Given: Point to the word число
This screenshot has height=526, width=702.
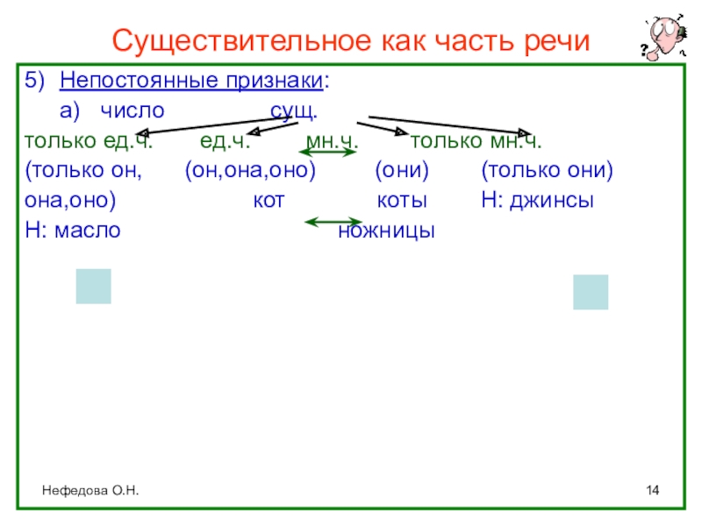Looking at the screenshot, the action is pyautogui.click(x=131, y=112).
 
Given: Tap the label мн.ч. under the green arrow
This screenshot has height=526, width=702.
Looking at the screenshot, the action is pyautogui.click(x=332, y=141).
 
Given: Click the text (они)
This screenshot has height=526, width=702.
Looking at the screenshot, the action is pyautogui.click(x=400, y=170).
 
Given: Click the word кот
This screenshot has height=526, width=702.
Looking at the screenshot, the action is pyautogui.click(x=269, y=200).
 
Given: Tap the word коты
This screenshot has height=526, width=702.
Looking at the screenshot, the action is pyautogui.click(x=402, y=200).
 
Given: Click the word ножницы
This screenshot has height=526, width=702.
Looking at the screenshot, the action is pyautogui.click(x=387, y=231).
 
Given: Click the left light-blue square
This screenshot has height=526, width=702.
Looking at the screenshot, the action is pyautogui.click(x=93, y=286).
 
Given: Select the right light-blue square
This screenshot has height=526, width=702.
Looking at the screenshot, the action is pyautogui.click(x=591, y=292).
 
